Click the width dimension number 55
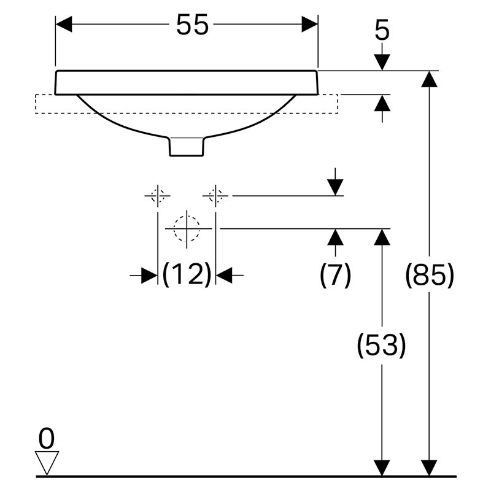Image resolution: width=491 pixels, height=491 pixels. (x=192, y=25)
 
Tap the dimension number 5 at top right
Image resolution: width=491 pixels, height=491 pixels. (x=382, y=30)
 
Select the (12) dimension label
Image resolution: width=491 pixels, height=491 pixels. (x=187, y=274)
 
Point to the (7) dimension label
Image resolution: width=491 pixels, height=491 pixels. (x=335, y=274)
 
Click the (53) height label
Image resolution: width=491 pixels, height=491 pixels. (x=381, y=345)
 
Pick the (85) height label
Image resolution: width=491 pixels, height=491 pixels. (x=429, y=274)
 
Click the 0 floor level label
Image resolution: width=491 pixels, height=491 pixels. (x=47, y=439)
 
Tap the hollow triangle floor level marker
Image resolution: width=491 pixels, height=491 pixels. (x=47, y=463)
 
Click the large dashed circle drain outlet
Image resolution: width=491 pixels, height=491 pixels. (x=187, y=228)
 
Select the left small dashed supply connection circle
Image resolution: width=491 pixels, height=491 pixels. (x=158, y=196)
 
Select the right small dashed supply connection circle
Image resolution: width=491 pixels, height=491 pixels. (x=215, y=196)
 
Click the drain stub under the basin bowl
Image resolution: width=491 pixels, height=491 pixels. (x=187, y=146)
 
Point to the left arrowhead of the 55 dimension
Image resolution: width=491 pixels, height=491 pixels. (x=64, y=24)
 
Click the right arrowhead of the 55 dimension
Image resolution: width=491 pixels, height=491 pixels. (x=310, y=24)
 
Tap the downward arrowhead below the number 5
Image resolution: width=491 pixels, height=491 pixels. (x=382, y=63)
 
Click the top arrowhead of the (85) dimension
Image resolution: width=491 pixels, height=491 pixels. (x=429, y=79)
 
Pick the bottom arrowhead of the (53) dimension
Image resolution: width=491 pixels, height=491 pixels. (x=382, y=468)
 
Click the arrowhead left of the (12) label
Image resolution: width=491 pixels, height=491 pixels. (x=149, y=276)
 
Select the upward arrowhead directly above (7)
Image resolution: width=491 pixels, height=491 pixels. (x=335, y=237)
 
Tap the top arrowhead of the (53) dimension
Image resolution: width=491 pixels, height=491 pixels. (x=382, y=237)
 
